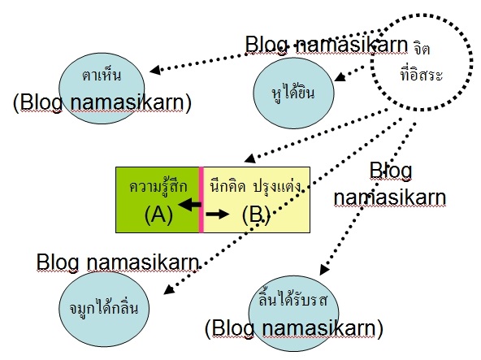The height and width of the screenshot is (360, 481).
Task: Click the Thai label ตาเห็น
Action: point(102,76)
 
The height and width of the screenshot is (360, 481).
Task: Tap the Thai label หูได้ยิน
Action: point(293,93)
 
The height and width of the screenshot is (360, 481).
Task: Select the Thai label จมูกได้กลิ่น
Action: point(104,308)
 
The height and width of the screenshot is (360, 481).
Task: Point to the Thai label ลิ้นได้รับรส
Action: point(293,299)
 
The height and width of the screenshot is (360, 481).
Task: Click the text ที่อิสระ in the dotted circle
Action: point(422,74)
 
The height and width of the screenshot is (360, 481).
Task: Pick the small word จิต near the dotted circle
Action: point(422,49)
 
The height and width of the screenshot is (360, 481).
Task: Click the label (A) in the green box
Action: point(158,215)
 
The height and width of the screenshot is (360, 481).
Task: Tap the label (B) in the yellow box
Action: point(256,215)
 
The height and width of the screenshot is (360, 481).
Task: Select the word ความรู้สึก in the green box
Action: point(158,186)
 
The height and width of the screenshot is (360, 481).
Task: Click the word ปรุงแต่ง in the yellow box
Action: point(277,186)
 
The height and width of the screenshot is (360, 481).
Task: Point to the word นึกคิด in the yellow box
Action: point(227,185)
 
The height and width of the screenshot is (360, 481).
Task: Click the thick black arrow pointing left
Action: point(189,204)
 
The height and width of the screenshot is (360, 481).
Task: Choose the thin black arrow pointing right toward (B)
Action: point(218,214)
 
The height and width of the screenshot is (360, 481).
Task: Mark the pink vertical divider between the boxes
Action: point(201,200)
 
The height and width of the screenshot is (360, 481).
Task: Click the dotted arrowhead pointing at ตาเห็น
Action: point(155,70)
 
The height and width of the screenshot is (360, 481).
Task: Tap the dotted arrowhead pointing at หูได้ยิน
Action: point(340,76)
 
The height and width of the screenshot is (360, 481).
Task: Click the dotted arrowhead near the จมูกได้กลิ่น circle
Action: point(169,289)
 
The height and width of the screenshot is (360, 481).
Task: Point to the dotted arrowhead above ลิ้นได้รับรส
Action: point(324,270)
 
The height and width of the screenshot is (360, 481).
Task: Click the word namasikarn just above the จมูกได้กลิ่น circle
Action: point(143,262)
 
